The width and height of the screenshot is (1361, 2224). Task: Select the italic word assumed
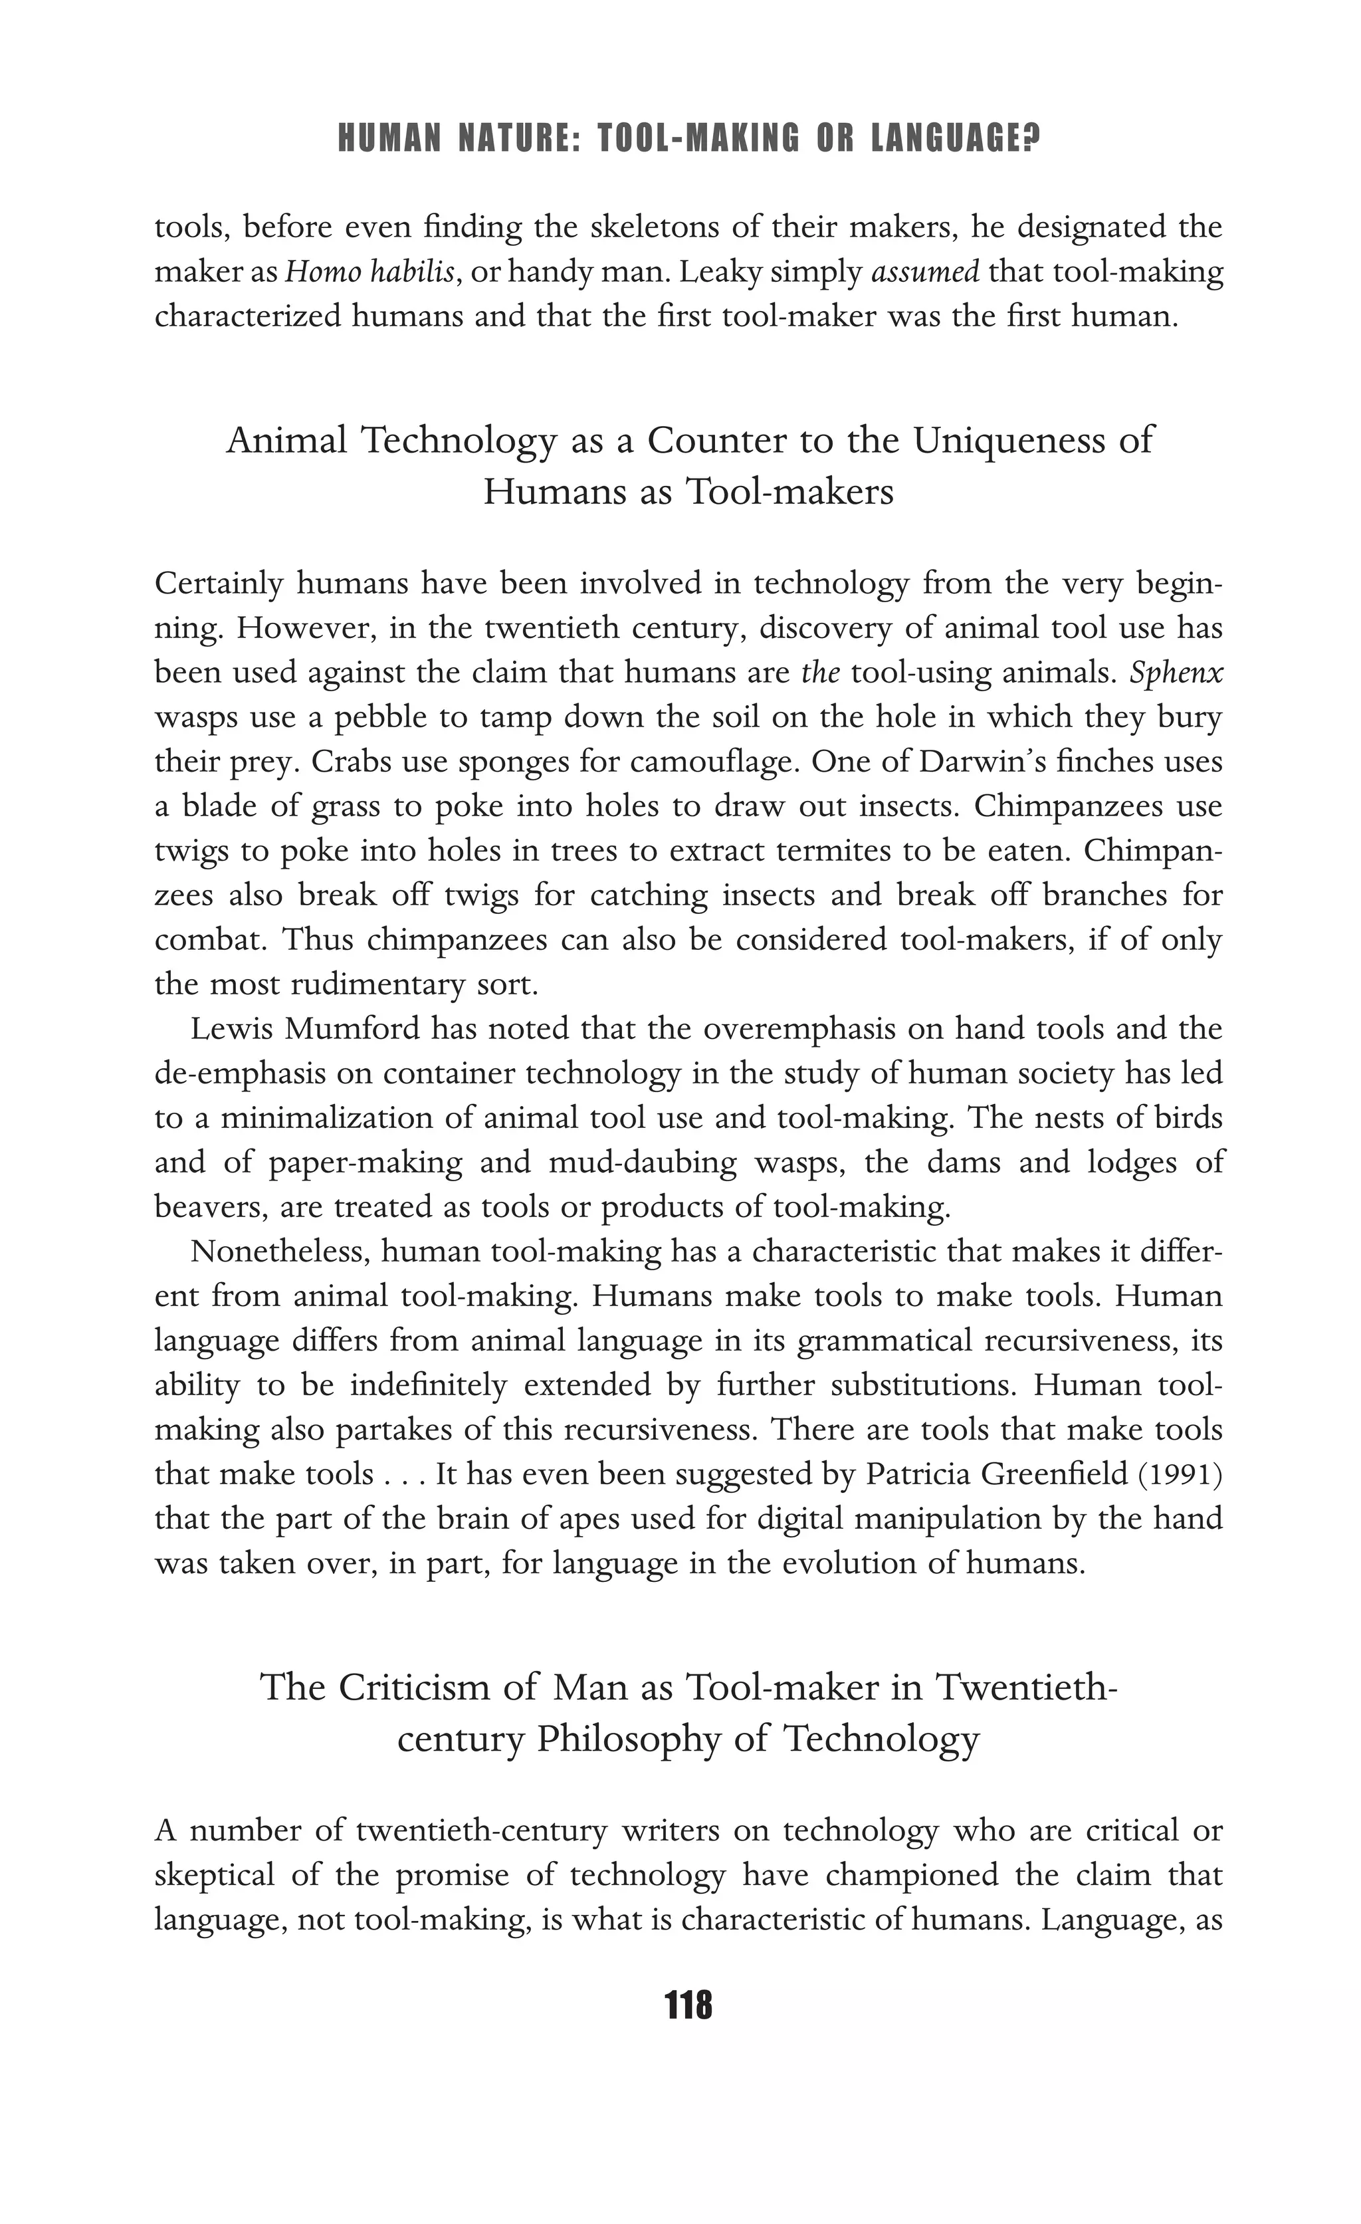click(x=925, y=273)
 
